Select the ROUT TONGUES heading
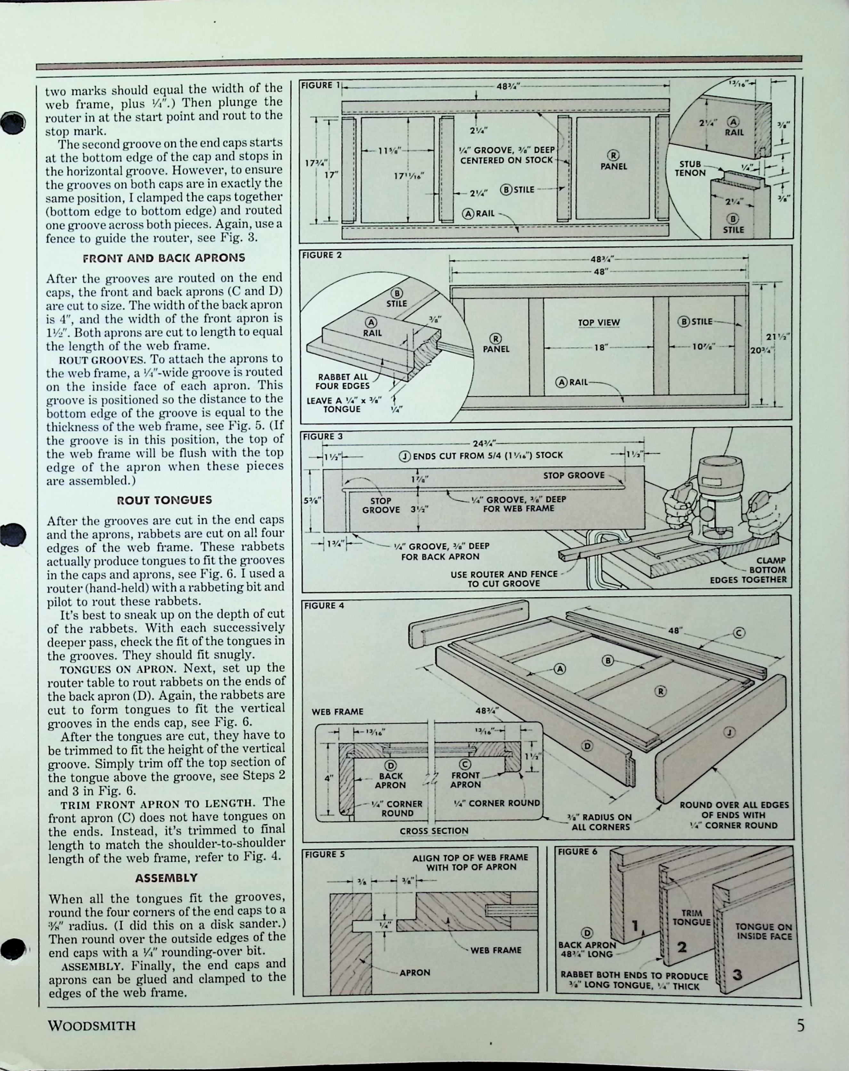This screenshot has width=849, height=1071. [164, 500]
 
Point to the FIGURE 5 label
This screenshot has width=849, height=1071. [324, 854]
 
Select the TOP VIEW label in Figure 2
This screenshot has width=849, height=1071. [598, 323]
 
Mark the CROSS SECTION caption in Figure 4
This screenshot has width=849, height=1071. [434, 830]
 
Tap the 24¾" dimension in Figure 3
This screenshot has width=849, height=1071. [480, 443]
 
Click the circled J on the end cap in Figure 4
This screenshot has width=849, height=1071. [728, 731]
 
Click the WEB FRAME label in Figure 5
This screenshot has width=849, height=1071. [496, 950]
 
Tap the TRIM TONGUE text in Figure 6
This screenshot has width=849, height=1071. [691, 918]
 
